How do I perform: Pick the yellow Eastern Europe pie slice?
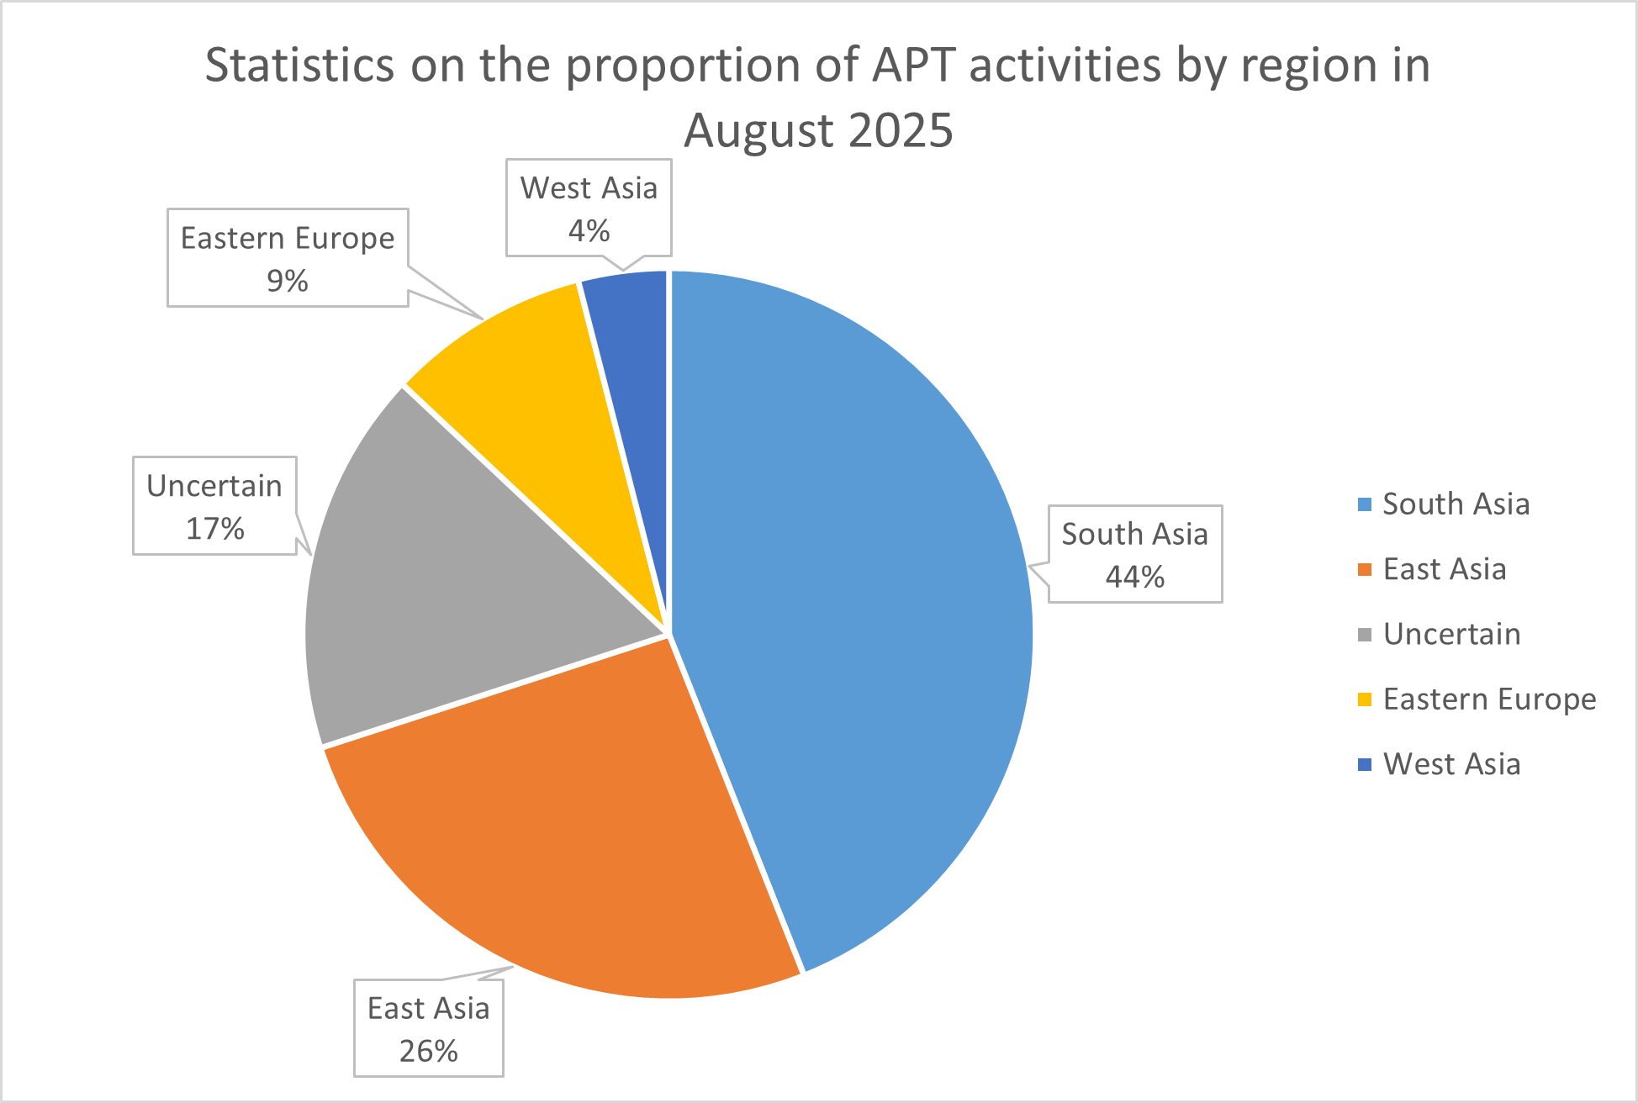(538, 378)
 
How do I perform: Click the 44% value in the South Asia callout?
(1134, 577)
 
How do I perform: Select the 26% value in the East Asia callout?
(428, 1051)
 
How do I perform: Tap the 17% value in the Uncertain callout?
(214, 529)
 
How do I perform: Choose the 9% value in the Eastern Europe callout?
(287, 281)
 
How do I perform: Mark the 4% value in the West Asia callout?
(589, 230)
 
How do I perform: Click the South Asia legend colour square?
(1365, 504)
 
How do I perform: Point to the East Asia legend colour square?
(1365, 569)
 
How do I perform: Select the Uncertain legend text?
(1451, 634)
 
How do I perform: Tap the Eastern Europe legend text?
(1489, 699)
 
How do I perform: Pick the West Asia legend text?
(1451, 764)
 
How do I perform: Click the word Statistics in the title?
(299, 65)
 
